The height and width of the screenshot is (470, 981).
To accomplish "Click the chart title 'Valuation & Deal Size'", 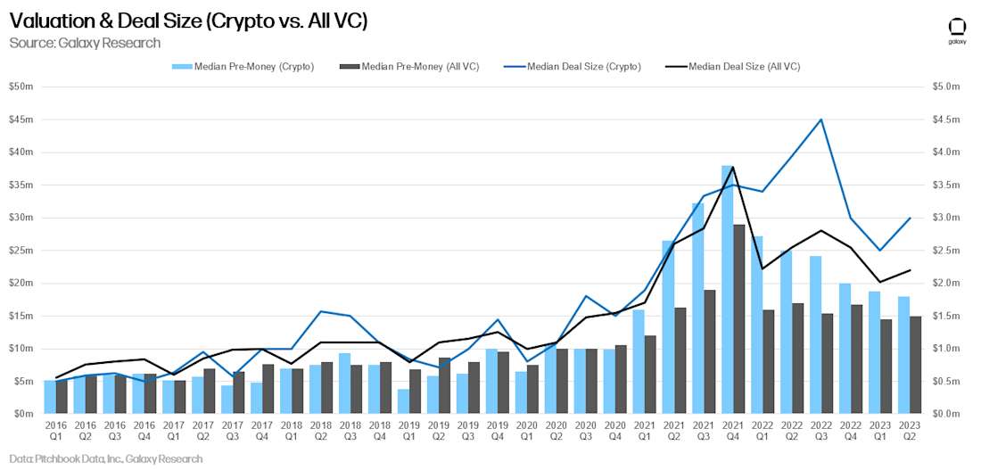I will pyautogui.click(x=187, y=21).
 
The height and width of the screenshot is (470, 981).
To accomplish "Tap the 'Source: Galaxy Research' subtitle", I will pyautogui.click(x=85, y=43).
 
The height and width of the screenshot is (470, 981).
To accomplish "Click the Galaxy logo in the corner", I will pyautogui.click(x=957, y=29).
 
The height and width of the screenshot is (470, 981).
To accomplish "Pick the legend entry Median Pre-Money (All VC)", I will pyautogui.click(x=410, y=66).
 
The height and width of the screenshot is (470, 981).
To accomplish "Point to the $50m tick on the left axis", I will pyautogui.click(x=21, y=87).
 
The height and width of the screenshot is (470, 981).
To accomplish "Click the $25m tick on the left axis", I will pyautogui.click(x=21, y=251).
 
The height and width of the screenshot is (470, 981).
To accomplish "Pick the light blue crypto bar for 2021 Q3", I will pyautogui.click(x=697, y=309).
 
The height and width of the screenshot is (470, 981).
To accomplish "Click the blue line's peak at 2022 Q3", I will pyautogui.click(x=820, y=120).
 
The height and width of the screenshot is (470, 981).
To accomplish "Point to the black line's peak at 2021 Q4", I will pyautogui.click(x=733, y=167).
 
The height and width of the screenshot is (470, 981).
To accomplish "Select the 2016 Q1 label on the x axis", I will pyautogui.click(x=55, y=432).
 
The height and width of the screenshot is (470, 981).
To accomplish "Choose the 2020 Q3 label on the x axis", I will pyautogui.click(x=584, y=432).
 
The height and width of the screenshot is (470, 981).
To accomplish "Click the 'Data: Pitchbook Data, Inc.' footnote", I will pyautogui.click(x=106, y=458).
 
